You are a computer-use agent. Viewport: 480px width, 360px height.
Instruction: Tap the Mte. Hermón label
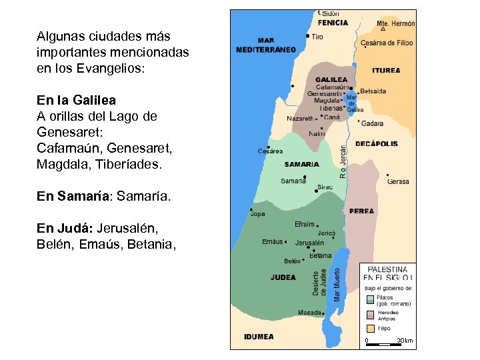(x=396, y=23)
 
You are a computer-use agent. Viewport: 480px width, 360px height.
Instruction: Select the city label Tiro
(x=317, y=37)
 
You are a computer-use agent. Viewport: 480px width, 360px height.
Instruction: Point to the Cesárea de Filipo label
(x=387, y=43)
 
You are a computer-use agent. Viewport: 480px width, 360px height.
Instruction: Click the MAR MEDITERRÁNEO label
(x=266, y=45)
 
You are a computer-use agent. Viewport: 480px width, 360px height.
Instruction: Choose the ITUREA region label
(x=387, y=70)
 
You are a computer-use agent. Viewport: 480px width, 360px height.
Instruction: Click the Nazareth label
(x=299, y=118)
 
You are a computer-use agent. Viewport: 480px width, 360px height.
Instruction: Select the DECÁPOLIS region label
(x=377, y=143)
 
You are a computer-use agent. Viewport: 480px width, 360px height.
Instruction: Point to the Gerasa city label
(x=398, y=181)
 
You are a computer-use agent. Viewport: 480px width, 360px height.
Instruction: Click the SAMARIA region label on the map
(x=301, y=164)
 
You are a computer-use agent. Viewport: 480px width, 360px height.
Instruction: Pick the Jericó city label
(x=326, y=233)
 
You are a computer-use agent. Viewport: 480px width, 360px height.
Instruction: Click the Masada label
(x=309, y=312)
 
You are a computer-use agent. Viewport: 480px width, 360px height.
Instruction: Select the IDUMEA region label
(x=259, y=337)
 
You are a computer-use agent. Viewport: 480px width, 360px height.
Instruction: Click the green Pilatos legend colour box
(x=370, y=299)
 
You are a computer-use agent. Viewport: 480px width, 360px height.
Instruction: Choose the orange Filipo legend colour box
(x=370, y=329)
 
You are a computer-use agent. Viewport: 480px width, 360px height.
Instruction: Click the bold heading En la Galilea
(x=76, y=100)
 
